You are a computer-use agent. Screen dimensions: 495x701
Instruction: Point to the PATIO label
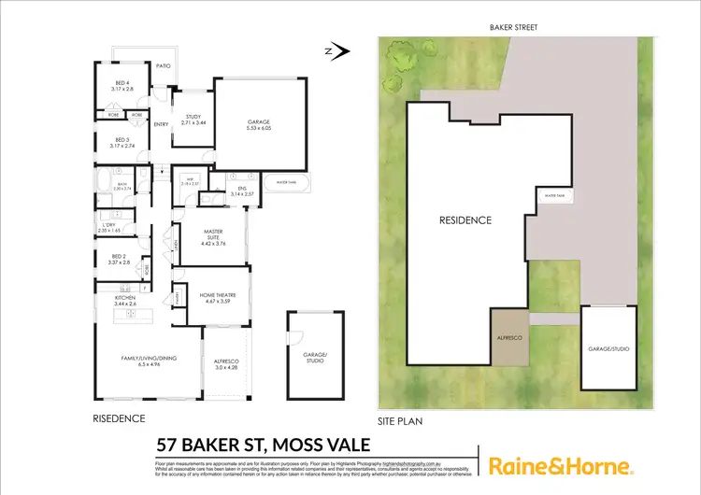[163, 66]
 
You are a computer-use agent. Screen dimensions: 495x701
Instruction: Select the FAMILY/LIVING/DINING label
[144, 360]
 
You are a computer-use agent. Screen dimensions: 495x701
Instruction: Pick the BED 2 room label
[118, 259]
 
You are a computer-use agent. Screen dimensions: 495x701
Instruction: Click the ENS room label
[241, 191]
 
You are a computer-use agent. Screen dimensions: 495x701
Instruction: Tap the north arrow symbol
[338, 51]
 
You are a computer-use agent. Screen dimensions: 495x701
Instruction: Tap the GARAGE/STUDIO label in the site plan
[608, 349]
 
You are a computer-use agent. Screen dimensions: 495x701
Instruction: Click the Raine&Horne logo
[561, 465]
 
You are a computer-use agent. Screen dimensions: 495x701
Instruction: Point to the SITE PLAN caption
[400, 421]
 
